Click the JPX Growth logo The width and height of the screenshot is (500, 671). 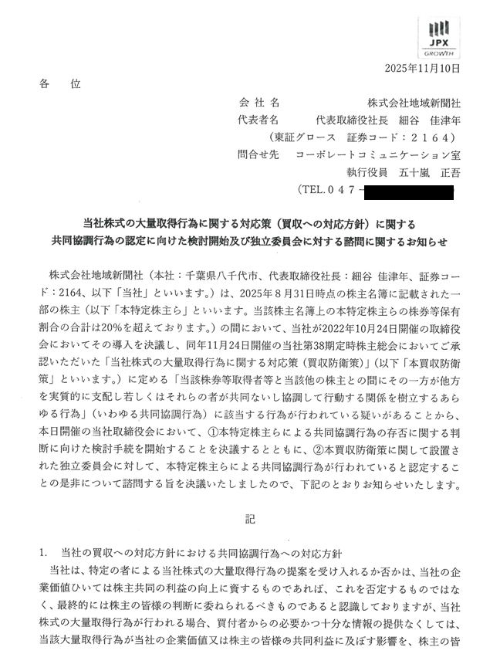441,36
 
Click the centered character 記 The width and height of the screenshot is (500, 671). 250,520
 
